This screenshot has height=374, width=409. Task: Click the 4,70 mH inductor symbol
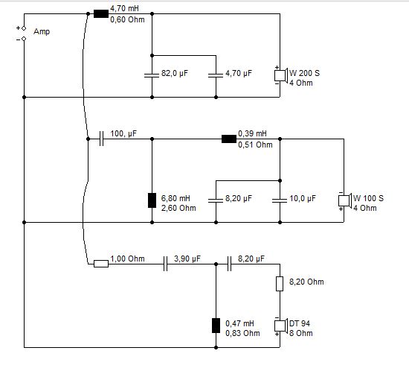pyautogui.click(x=101, y=14)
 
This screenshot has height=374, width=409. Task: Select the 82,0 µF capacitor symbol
pyautogui.click(x=152, y=75)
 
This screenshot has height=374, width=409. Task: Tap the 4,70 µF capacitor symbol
pyautogui.click(x=216, y=75)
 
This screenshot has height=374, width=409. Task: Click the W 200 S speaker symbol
pyautogui.click(x=281, y=75)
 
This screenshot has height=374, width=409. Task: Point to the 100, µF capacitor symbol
pyautogui.click(x=101, y=139)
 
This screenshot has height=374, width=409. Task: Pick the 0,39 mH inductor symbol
pyautogui.click(x=229, y=139)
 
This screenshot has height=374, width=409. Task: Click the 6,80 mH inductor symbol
pyautogui.click(x=152, y=200)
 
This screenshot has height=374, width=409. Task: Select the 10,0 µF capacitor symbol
pyautogui.click(x=280, y=200)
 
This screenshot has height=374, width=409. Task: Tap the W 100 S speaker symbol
pyautogui.click(x=345, y=200)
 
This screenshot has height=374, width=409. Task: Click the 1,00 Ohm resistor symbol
pyautogui.click(x=101, y=264)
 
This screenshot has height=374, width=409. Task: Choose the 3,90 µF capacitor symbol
pyautogui.click(x=165, y=264)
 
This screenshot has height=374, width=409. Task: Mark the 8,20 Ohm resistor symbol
pyautogui.click(x=280, y=284)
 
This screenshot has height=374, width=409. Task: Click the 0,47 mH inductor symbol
pyautogui.click(x=216, y=326)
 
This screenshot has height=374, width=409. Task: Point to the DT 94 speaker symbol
pyautogui.click(x=281, y=326)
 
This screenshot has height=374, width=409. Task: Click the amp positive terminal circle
pyautogui.click(x=24, y=28)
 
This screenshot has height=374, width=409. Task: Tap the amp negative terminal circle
pyautogui.click(x=24, y=39)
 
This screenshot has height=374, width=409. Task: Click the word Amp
pyautogui.click(x=42, y=31)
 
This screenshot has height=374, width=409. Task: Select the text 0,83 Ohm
pyautogui.click(x=242, y=333)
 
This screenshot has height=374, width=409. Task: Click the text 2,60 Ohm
pyautogui.click(x=178, y=208)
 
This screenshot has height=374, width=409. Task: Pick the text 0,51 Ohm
pyautogui.click(x=255, y=145)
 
